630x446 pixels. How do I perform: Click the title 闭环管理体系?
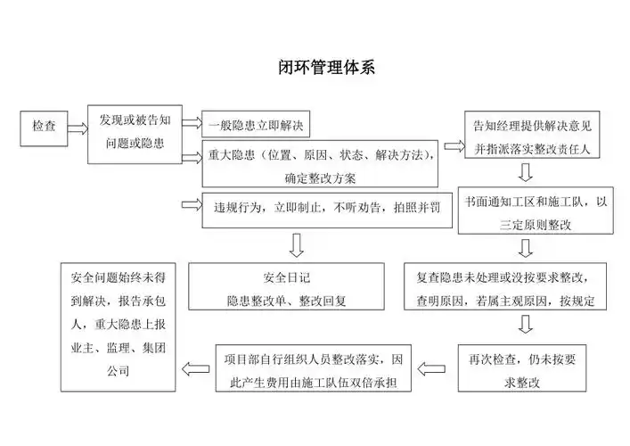[315, 69]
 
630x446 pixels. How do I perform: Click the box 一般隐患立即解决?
[255, 124]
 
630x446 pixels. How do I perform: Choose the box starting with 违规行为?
[320, 207]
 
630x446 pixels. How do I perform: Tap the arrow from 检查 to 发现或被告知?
[77, 128]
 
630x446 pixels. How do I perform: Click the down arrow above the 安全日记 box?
[297, 244]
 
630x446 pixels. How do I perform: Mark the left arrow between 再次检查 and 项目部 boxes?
[433, 367]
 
